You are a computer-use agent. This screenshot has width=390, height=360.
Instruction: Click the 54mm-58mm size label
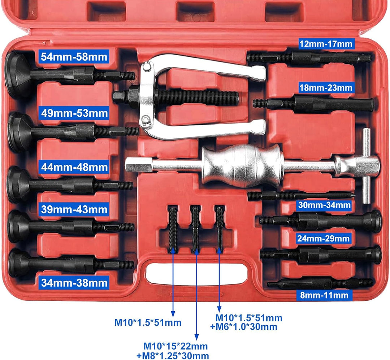[74, 57]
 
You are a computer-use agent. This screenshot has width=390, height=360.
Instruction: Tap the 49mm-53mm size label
[74, 113]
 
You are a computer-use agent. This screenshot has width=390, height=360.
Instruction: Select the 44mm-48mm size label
[74, 167]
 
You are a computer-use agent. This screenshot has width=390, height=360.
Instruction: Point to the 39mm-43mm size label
[74, 209]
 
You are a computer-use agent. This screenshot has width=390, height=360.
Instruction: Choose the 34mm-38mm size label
[74, 283]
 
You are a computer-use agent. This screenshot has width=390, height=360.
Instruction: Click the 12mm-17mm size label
[326, 44]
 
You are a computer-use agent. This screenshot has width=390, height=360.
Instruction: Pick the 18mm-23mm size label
[326, 87]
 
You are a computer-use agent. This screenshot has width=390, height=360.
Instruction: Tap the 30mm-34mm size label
[324, 205]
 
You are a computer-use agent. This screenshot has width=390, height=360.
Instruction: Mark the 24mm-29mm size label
[323, 239]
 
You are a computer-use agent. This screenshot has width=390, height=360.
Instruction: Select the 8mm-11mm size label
[324, 295]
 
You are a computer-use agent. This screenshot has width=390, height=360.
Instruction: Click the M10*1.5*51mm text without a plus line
[148, 323]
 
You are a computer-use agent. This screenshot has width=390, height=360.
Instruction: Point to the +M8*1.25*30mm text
[173, 356]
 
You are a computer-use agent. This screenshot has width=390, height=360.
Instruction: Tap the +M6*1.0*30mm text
[244, 327]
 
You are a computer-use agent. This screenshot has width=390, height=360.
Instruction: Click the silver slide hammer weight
[243, 166]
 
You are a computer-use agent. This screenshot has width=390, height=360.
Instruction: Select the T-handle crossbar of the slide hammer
[366, 166]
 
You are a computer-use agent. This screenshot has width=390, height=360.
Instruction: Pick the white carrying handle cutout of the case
[196, 274]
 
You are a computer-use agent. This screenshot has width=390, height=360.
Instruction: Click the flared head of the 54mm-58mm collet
[17, 75]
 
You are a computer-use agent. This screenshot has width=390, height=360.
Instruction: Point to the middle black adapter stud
[195, 228]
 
